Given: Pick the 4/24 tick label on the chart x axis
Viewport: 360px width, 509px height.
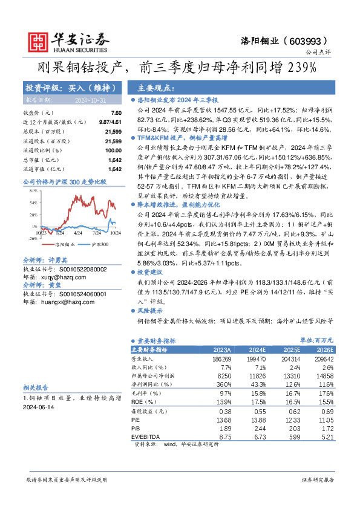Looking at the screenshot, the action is click(x=77, y=233).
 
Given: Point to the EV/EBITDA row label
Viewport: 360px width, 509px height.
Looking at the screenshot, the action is click(x=145, y=436).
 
